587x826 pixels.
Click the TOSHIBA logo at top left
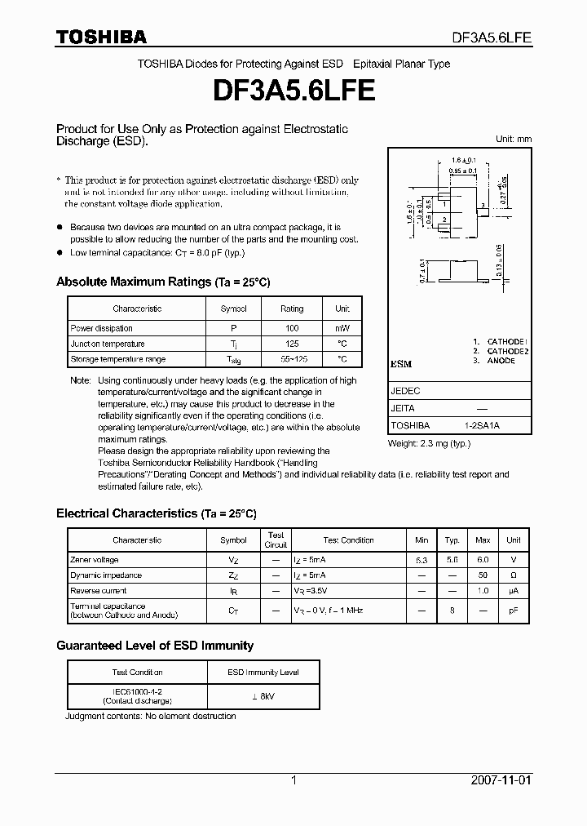tap(101, 37)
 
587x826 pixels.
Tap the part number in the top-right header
tap(492, 38)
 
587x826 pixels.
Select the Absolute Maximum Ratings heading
tap(163, 282)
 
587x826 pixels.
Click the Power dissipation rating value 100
tap(291, 328)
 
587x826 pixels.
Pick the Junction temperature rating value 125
tap(291, 344)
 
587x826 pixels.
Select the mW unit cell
tap(342, 328)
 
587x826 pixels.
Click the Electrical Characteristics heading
tap(156, 513)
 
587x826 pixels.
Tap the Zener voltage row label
tap(95, 560)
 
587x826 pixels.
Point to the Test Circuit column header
tap(276, 540)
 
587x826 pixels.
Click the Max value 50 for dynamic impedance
tap(483, 575)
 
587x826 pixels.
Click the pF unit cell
tap(513, 611)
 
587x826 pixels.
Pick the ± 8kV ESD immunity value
tap(263, 695)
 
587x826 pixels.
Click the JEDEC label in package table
tap(405, 391)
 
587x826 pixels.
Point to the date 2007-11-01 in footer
tap(501, 780)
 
